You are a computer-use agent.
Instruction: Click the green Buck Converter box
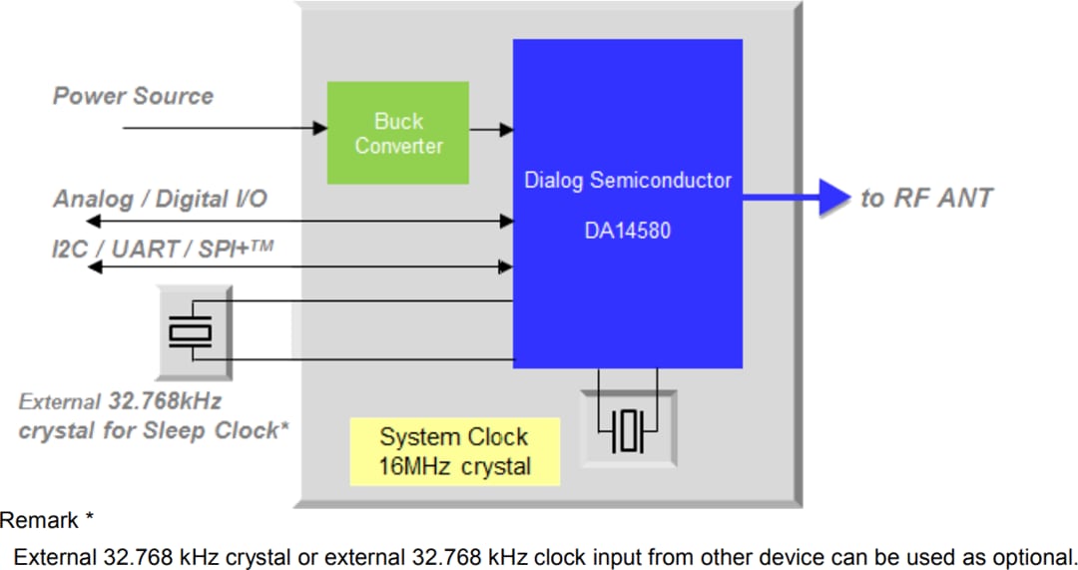click(397, 133)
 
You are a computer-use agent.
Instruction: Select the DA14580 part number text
click(628, 231)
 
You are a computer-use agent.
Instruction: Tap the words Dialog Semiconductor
click(628, 181)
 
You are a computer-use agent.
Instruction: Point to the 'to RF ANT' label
click(926, 198)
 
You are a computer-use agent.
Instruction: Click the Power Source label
click(133, 97)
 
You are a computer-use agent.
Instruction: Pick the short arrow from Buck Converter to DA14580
click(491, 129)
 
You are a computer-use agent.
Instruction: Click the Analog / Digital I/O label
click(160, 199)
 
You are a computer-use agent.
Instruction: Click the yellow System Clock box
click(454, 451)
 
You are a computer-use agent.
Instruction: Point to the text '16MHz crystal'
click(454, 466)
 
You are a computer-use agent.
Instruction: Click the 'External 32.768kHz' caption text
click(120, 402)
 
